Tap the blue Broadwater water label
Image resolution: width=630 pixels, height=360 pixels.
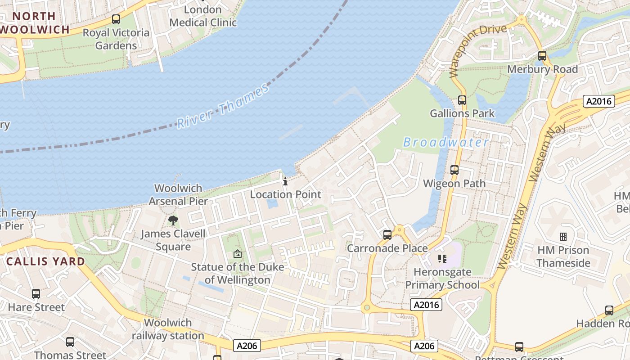445,143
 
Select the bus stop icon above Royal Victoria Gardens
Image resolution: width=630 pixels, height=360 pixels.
116,19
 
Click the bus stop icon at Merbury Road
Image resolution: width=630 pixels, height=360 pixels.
542,56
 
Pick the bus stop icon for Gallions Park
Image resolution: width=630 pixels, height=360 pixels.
462,100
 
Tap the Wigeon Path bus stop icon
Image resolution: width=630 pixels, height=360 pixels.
454,170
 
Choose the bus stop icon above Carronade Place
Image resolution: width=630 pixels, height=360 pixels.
387,235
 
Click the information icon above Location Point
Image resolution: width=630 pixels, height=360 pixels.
285,182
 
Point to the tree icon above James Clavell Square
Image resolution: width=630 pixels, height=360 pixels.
173,220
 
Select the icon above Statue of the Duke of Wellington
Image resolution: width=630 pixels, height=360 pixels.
238,254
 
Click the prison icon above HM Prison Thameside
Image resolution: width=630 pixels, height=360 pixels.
563,237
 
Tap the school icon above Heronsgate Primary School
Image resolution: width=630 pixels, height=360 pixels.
442,259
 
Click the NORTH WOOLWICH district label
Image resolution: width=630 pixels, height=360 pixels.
34,23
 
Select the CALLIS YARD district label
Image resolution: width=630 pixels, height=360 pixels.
46,261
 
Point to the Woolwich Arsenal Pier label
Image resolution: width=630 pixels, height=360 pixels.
178,194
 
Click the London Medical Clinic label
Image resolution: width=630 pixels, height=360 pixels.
203,16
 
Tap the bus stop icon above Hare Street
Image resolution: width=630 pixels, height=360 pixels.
36,294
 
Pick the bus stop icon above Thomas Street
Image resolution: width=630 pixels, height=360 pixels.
70,342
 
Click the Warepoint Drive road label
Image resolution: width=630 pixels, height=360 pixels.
478,49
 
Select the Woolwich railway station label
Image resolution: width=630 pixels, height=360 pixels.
168,329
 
